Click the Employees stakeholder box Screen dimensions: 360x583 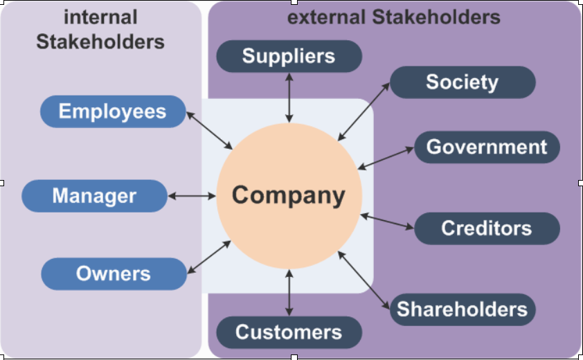click(113, 111)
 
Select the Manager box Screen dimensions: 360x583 click(94, 196)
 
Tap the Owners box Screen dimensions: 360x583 click(114, 273)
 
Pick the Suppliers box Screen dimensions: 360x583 click(289, 56)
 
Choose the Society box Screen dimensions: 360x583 click(462, 82)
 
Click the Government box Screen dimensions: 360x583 click(487, 147)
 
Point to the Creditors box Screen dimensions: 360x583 click(487, 228)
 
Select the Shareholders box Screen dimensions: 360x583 click(462, 309)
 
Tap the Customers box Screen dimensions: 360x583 click(289, 332)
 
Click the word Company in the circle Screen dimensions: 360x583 click(289, 195)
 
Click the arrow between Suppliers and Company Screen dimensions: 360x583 click(289, 97)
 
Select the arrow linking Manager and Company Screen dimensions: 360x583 click(192, 196)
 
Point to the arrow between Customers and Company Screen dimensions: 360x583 click(289, 292)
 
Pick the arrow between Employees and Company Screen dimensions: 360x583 click(210, 129)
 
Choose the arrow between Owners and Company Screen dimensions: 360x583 click(210, 256)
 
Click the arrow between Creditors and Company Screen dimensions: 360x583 click(387, 222)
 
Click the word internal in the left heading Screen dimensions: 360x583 click(100, 17)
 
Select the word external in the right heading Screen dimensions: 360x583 click(326, 17)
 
